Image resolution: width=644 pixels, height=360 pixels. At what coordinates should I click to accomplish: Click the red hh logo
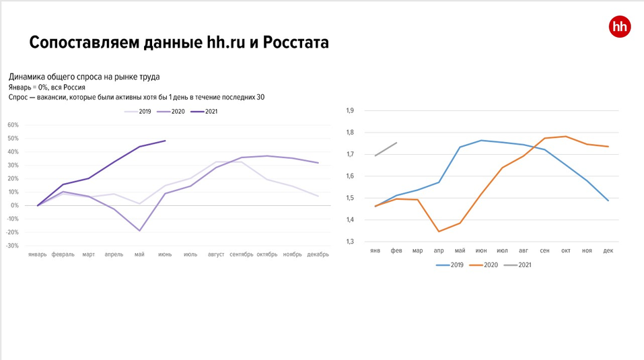620,26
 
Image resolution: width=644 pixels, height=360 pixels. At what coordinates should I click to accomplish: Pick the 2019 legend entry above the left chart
138,112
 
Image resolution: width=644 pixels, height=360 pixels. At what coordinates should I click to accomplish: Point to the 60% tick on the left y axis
13,125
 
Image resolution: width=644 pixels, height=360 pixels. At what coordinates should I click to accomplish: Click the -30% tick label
13,246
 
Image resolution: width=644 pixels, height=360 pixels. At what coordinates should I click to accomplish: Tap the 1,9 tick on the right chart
349,111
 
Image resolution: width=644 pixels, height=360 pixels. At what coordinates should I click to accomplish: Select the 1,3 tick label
349,242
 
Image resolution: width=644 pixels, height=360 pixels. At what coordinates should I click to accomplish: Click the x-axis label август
216,254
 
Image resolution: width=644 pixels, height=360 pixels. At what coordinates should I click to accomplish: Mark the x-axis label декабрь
318,254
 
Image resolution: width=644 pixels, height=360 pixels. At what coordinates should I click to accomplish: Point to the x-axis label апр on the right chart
439,251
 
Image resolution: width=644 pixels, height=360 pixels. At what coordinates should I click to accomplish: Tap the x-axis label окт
566,251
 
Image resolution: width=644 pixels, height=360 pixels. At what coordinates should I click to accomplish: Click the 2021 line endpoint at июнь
166,141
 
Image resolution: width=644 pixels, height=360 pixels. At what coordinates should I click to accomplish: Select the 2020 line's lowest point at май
139,231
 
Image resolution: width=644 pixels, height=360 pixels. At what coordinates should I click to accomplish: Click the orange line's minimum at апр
439,231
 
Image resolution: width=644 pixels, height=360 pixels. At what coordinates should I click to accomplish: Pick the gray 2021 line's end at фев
396,143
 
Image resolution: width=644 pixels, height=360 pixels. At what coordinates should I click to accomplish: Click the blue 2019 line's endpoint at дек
608,201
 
